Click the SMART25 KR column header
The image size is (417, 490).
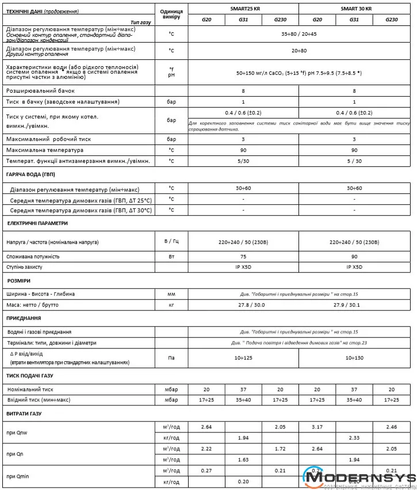(243, 9)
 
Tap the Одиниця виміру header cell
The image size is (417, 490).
(171, 14)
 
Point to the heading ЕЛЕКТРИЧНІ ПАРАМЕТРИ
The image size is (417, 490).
(37, 223)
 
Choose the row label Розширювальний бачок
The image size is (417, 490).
(40, 91)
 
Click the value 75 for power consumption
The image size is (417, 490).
(243, 257)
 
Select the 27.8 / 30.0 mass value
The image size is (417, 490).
(243, 304)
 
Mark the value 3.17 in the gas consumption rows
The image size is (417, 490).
(317, 427)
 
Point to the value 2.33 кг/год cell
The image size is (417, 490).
(354, 438)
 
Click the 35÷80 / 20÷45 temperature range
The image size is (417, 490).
(299, 34)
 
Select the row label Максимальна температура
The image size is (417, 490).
(44, 150)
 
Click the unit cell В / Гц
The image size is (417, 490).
(171, 242)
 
